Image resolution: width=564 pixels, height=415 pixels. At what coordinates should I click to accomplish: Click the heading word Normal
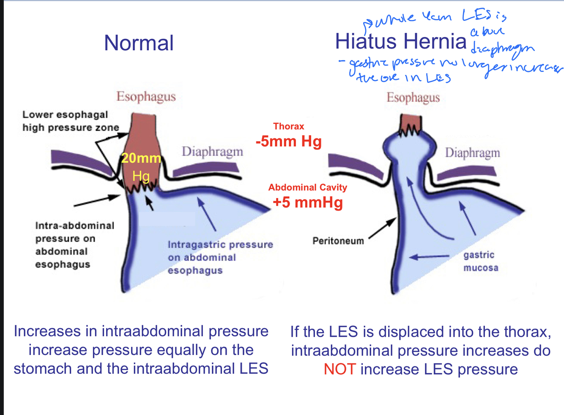pyautogui.click(x=139, y=43)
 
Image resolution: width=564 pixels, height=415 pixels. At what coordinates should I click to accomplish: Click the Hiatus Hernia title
pyautogui.click(x=400, y=41)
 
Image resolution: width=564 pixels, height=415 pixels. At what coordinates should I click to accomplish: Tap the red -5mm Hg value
pyautogui.click(x=289, y=141)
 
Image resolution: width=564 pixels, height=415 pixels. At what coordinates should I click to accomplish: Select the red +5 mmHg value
pyautogui.click(x=308, y=202)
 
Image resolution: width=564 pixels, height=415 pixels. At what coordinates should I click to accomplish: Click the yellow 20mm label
pyautogui.click(x=141, y=158)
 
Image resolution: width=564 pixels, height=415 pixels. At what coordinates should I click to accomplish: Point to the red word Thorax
pyautogui.click(x=289, y=126)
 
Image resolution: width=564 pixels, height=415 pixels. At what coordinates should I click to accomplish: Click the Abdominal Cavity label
pyautogui.click(x=308, y=187)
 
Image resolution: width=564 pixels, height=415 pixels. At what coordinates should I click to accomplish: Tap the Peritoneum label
pyautogui.click(x=338, y=241)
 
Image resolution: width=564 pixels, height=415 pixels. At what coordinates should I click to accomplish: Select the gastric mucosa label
pyautogui.click(x=481, y=261)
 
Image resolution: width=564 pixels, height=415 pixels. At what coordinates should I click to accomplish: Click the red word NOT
pyautogui.click(x=339, y=369)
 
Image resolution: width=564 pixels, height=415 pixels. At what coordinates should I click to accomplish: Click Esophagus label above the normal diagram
pyautogui.click(x=146, y=96)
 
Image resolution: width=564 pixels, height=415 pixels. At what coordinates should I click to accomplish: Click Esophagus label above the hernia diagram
pyautogui.click(x=413, y=98)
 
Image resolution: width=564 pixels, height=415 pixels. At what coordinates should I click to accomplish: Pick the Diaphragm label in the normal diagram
pyautogui.click(x=212, y=151)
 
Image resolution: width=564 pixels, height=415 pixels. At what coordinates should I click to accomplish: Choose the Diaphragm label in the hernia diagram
pyautogui.click(x=472, y=153)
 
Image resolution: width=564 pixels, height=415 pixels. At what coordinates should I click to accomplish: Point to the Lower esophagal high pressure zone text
pyautogui.click(x=71, y=121)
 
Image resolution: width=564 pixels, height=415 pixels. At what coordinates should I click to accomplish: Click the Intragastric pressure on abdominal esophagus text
pyautogui.click(x=220, y=257)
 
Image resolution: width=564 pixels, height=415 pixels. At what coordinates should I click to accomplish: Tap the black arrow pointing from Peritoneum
pyautogui.click(x=382, y=228)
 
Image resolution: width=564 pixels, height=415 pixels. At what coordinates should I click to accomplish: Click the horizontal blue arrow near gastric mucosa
pyautogui.click(x=429, y=256)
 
